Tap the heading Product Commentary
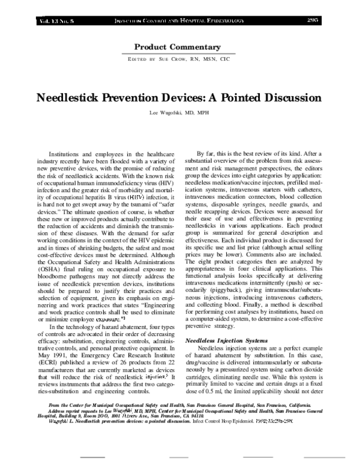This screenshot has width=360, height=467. [x=179, y=46]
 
